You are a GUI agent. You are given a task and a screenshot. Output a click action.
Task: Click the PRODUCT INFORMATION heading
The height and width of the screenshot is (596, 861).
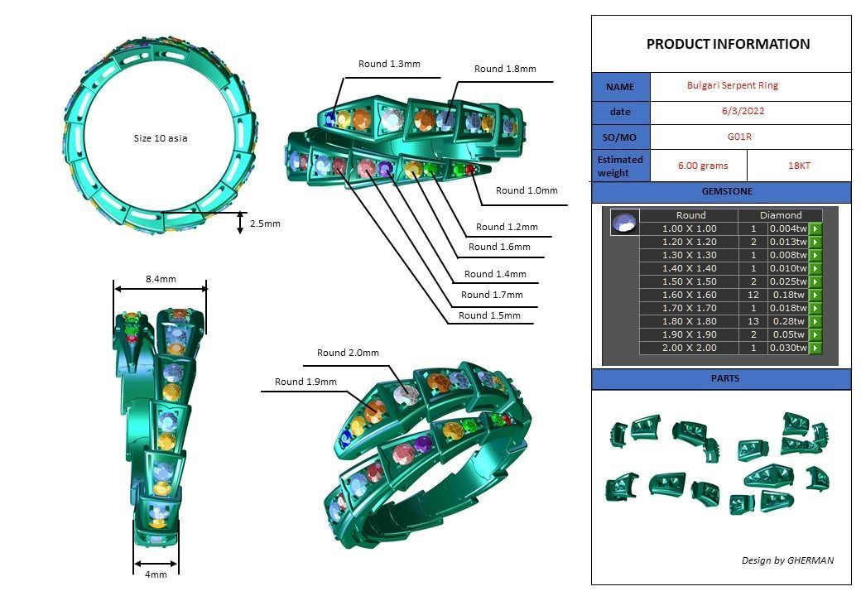728,45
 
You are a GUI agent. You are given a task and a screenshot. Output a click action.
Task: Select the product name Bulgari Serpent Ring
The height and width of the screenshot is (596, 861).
732,85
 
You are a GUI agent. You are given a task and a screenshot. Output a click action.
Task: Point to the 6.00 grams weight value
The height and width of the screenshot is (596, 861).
702,166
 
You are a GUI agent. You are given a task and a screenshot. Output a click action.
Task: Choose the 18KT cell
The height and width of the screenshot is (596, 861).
799,166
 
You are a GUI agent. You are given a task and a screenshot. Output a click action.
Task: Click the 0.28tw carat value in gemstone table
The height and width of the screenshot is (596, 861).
786,321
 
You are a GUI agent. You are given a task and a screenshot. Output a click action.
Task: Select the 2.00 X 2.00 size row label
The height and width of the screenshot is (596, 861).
689,348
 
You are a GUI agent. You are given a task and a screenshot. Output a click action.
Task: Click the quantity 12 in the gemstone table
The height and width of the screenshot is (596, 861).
753,295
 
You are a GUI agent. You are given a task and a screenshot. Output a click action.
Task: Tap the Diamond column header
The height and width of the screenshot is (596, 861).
781,215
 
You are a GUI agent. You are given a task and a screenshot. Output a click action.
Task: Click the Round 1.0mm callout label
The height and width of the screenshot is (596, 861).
527,190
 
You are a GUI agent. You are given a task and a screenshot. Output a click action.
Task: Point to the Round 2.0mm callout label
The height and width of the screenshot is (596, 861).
348,353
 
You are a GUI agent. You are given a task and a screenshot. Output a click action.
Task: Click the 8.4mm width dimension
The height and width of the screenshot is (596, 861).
161,279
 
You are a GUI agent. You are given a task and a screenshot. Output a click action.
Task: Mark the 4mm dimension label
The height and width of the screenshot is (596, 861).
156,574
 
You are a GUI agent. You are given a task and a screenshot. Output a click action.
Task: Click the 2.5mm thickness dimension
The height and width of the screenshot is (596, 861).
265,223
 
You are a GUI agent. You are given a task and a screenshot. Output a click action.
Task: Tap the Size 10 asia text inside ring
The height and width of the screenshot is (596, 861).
161,138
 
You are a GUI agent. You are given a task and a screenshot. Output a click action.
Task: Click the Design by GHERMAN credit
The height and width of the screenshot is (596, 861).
787,560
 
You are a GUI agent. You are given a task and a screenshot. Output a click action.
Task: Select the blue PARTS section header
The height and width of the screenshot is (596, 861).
721,379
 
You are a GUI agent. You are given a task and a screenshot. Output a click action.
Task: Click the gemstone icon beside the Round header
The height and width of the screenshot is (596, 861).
624,222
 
